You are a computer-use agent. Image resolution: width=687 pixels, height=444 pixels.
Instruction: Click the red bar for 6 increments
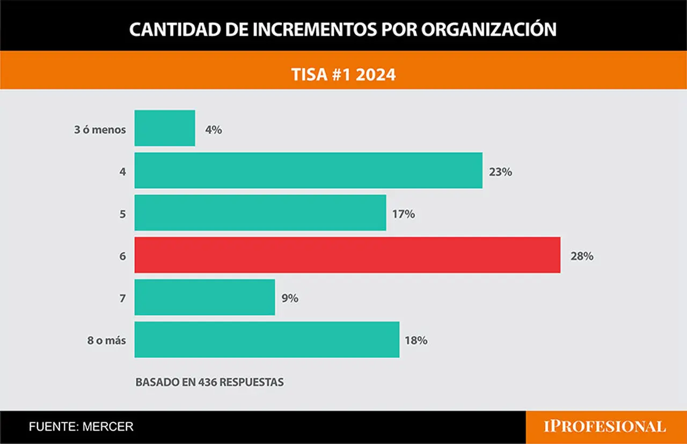[347, 255]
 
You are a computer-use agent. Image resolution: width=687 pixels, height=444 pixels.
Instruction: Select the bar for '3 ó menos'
[165, 128]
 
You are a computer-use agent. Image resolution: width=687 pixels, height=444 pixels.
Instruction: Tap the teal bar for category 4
[309, 171]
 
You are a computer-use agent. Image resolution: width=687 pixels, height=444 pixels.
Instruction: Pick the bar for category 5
[260, 213]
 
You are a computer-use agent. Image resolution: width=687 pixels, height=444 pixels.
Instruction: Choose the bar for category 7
[205, 297]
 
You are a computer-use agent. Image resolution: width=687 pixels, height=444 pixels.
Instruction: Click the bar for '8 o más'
[267, 339]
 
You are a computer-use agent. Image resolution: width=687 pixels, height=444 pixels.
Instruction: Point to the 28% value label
[582, 256]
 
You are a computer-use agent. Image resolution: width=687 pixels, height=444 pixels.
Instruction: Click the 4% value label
[214, 130]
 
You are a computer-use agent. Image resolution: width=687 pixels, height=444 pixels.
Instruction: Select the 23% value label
[501, 172]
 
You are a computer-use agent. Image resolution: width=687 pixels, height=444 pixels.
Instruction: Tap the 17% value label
[404, 214]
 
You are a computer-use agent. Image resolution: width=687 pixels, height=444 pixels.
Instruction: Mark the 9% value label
[290, 299]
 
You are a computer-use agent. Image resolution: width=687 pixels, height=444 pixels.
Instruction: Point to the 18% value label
[416, 341]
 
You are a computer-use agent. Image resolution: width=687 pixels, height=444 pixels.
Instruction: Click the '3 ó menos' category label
[100, 130]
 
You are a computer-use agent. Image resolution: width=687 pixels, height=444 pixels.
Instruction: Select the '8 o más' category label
[107, 341]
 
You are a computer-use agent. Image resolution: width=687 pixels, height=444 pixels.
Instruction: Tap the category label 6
[123, 256]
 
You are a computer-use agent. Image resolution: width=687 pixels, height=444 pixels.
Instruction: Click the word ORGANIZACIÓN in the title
[488, 29]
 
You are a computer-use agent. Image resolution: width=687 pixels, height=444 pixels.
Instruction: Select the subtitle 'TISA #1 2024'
[343, 75]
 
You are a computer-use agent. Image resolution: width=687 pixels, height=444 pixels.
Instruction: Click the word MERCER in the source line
[108, 426]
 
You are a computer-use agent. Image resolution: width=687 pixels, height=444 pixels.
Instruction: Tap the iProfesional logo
[605, 426]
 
